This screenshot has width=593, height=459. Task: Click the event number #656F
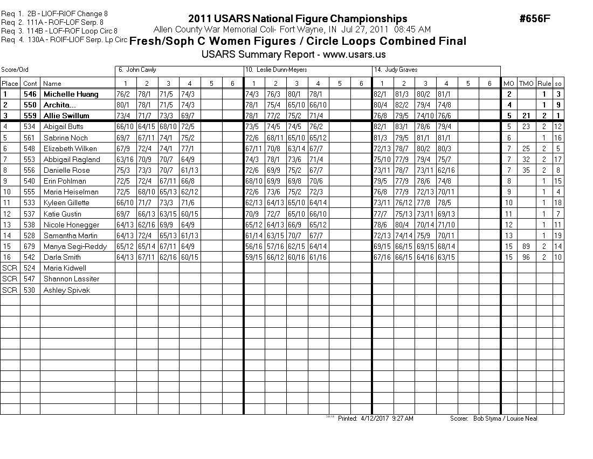tap(534, 19)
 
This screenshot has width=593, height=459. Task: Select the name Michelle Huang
tap(71, 94)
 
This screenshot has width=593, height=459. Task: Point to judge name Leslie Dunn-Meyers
tap(271, 70)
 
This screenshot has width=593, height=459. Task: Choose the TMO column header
tap(526, 83)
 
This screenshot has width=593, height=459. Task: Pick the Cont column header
tap(30, 83)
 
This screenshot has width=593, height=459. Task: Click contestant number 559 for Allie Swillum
tap(30, 116)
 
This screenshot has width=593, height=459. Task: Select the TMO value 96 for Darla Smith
tap(526, 257)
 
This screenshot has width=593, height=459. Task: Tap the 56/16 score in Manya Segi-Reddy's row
tap(254, 246)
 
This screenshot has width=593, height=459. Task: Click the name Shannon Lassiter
tap(71, 279)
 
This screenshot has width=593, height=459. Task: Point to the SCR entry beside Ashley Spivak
tap(10, 290)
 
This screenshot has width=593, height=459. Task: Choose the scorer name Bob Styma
tap(487, 418)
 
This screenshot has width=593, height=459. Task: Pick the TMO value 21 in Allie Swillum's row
tap(526, 116)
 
